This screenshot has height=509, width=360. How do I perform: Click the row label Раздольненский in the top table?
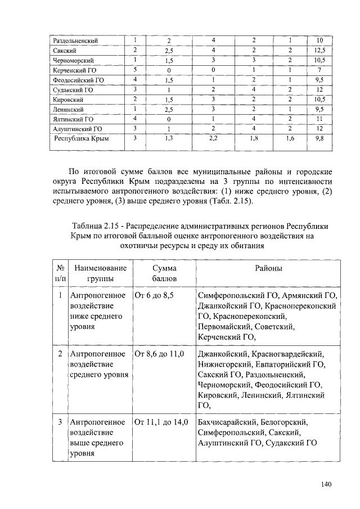click(x=75, y=40)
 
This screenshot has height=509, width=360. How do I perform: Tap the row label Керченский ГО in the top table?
click(x=73, y=70)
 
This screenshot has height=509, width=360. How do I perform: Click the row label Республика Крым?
click(x=80, y=138)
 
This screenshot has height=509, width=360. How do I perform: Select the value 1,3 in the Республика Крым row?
click(x=169, y=138)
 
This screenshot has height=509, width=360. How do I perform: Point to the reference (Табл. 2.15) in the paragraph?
click(x=232, y=201)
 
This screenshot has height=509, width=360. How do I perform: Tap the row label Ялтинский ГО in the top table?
click(x=73, y=119)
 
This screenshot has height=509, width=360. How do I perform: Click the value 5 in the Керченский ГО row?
click(x=136, y=70)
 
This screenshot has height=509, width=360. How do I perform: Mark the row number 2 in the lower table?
click(x=60, y=354)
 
